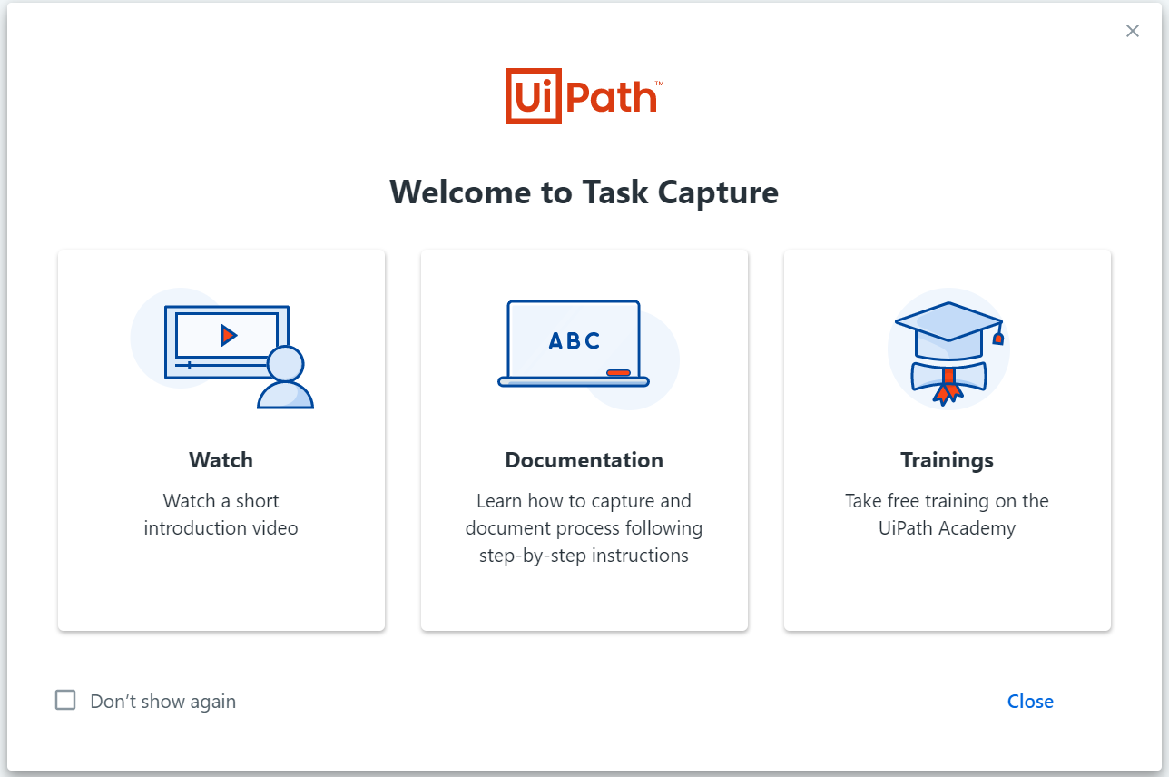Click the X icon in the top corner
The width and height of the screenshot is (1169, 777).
[x=1132, y=31]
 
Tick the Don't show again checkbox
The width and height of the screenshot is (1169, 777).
[x=65, y=700]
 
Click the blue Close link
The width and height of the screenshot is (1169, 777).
[x=1030, y=702]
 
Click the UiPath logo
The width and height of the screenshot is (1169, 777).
[x=584, y=96]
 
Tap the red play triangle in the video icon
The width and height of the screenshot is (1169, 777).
[x=228, y=335]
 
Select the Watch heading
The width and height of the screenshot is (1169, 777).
[x=221, y=460]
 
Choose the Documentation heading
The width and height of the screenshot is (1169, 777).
[x=584, y=460]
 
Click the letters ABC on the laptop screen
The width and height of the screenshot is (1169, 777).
[x=574, y=341]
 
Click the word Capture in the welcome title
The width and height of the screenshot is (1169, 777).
[x=718, y=193]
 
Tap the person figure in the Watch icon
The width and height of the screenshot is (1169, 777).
[x=285, y=377]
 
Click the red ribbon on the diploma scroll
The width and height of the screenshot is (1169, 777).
[x=948, y=387]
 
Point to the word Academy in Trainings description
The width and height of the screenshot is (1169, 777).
[x=977, y=529]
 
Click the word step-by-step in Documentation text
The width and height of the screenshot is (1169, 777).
[x=533, y=556]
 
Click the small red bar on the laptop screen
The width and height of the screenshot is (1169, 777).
[x=618, y=372]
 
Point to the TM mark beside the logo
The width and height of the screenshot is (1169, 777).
[x=659, y=83]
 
